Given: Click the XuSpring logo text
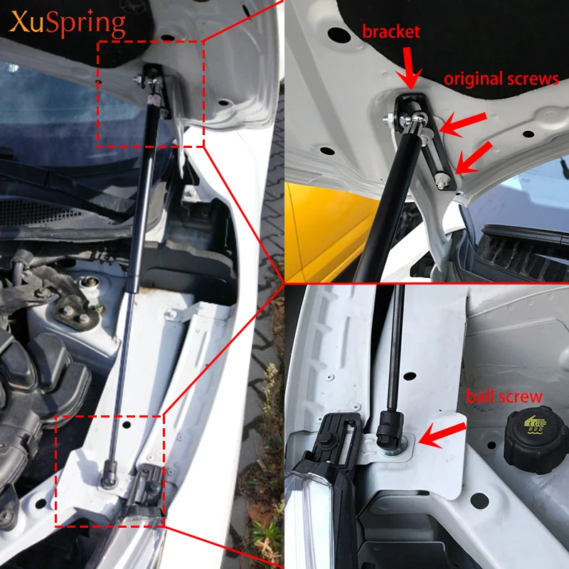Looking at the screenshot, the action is coord(68,23).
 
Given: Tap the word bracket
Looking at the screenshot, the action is coord(390,32).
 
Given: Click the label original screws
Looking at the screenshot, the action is coord(501,79).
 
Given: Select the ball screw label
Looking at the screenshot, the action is coord(504,396).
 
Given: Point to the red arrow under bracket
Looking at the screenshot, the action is coord(409,69).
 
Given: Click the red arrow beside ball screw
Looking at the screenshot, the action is coord(442,435).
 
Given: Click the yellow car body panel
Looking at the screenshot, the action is coord(326,228).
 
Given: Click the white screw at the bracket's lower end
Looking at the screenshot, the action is coord(442,180).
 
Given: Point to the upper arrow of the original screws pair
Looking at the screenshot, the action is coord(463,124).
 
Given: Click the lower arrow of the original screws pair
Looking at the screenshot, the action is coord(473,158).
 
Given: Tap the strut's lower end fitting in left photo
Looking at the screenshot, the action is coord(110,474).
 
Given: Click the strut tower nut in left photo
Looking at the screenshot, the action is coord(88,282).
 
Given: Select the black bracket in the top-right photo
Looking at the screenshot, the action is coord(425,142).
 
